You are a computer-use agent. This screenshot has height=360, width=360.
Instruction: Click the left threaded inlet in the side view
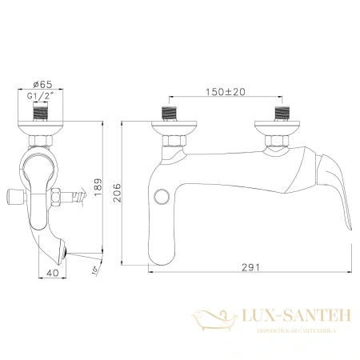pos(173,110)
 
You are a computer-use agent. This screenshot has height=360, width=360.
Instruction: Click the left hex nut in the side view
pos(173,143)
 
